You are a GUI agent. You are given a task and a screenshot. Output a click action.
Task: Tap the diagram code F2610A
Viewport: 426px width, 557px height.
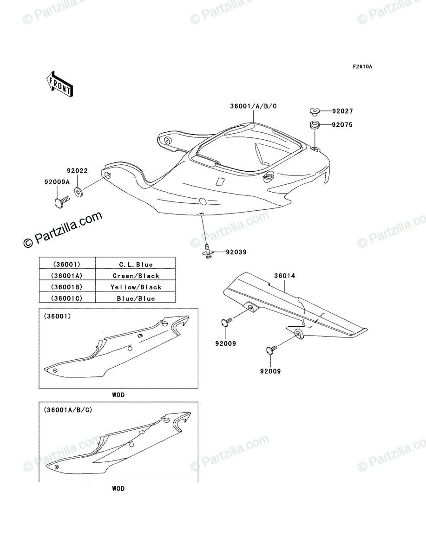click(362, 67)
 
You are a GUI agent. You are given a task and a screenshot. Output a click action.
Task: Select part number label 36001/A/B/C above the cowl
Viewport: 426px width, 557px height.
click(253, 106)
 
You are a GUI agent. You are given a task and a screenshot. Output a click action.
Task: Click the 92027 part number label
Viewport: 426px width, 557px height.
click(342, 111)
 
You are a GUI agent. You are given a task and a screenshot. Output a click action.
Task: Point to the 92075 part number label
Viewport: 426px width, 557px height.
click(342, 125)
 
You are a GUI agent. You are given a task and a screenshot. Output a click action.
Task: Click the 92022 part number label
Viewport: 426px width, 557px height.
click(77, 171)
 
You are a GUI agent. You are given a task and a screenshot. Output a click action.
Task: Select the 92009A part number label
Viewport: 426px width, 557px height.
click(57, 182)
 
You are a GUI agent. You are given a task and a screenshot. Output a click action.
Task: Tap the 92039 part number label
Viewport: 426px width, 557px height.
click(236, 253)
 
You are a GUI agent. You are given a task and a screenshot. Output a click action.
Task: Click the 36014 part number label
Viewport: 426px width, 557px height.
click(284, 276)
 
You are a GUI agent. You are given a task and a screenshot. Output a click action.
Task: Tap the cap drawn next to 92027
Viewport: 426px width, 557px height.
click(315, 111)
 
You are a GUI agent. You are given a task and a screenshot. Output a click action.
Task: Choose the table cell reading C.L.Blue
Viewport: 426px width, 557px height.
click(135, 265)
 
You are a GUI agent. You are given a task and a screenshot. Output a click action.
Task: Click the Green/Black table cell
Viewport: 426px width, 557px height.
click(135, 276)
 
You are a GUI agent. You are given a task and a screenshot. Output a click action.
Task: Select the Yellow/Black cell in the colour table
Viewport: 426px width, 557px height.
click(135, 287)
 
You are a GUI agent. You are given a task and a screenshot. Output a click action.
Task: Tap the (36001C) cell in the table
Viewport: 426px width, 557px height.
click(67, 298)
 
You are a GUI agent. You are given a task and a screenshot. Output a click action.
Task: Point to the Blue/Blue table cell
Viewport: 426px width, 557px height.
click(135, 298)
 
